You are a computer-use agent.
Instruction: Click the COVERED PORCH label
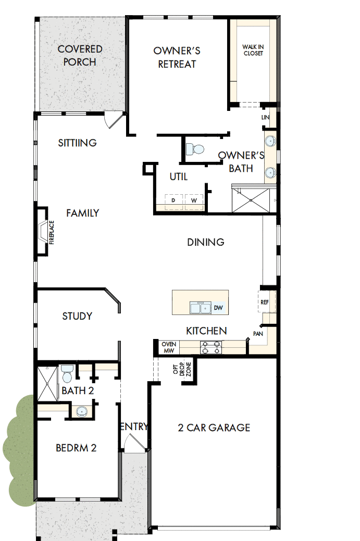pos(80,56)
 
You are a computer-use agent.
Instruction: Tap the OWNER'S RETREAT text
pos(177,57)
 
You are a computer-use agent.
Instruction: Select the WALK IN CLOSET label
pos(253,50)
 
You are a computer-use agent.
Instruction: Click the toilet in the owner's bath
pos(196,149)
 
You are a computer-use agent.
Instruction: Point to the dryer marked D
pos(173,200)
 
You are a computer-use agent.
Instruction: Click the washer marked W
pos(193,200)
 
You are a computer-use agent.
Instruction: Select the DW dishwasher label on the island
pos(218,308)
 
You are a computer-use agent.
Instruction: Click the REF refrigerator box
pos(265,302)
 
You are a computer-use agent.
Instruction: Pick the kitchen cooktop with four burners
pos(211,347)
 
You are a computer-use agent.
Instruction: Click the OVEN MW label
pos(169,347)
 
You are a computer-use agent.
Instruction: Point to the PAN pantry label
pos(258,333)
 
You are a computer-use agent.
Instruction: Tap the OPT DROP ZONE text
pos(182,370)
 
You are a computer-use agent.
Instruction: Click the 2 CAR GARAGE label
pos(214,427)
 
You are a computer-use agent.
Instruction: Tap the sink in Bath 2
pos(81,411)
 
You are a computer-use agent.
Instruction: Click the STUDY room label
pos(77,316)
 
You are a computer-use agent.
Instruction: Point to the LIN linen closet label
pos(265,118)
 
